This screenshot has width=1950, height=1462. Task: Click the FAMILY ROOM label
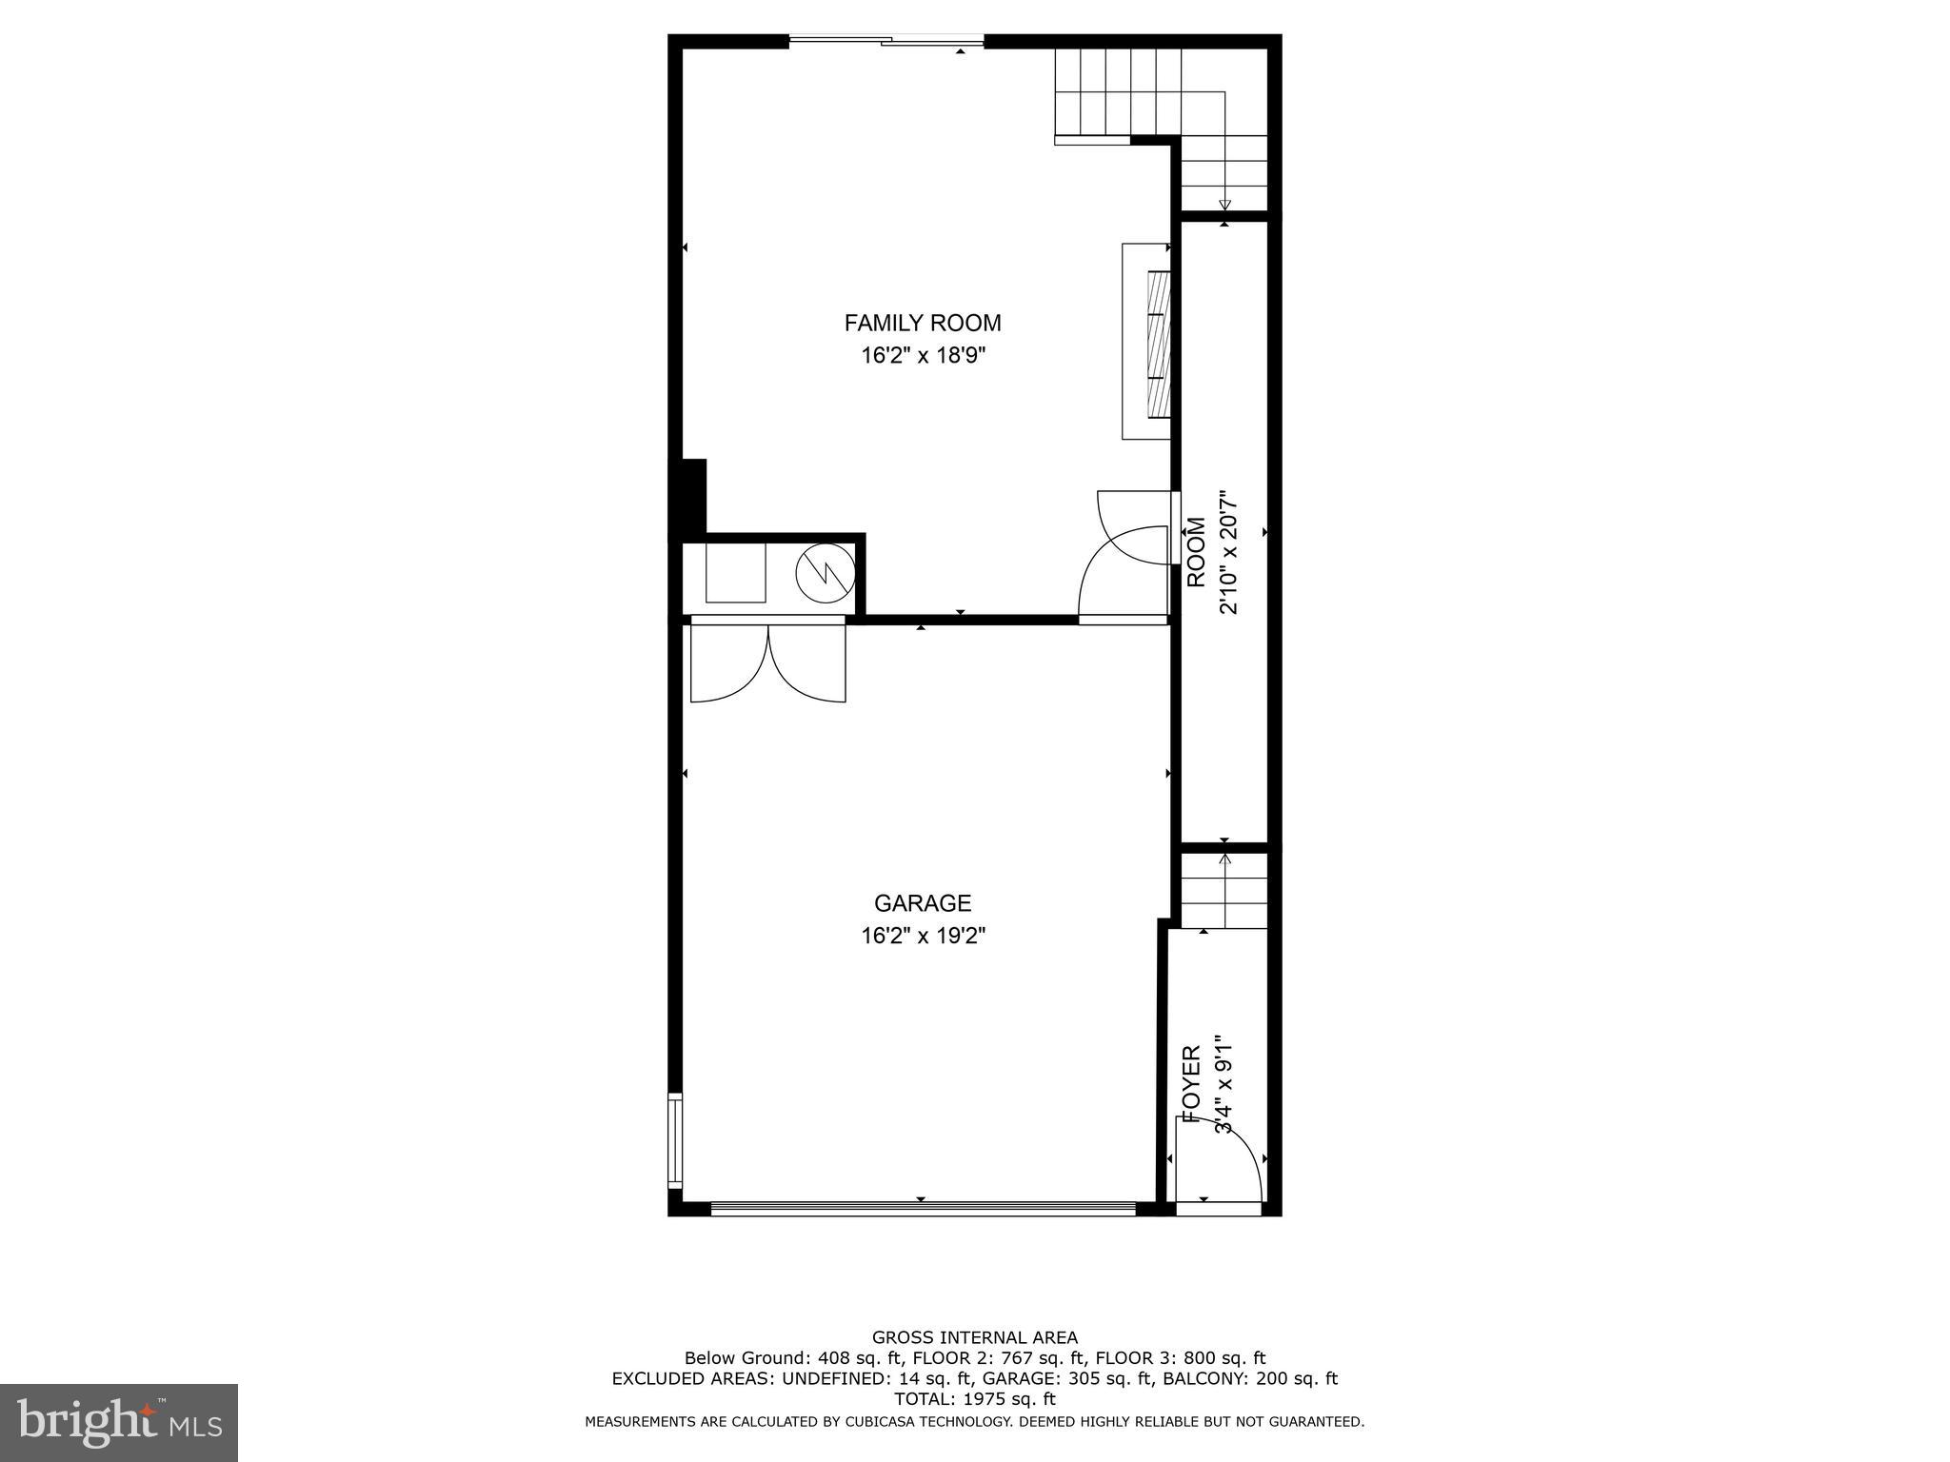(x=922, y=323)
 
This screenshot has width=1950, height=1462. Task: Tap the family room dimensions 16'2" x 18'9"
(x=922, y=356)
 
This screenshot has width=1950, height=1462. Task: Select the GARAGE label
(x=922, y=902)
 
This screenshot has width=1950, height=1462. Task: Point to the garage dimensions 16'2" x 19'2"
(x=922, y=936)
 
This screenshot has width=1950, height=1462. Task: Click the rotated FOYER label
(x=1191, y=1083)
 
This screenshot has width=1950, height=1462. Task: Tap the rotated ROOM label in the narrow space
(x=1196, y=552)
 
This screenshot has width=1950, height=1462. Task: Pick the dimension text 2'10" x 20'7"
(x=1228, y=552)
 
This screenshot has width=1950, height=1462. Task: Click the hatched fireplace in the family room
(x=1158, y=343)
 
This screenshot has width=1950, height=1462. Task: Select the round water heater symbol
(x=825, y=573)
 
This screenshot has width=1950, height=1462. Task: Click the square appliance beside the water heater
(x=735, y=572)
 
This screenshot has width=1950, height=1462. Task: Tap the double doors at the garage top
(x=767, y=662)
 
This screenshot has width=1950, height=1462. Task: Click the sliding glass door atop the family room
(x=885, y=41)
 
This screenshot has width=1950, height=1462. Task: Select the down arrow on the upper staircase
(x=1224, y=204)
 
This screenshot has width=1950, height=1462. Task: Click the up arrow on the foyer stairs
(x=1224, y=860)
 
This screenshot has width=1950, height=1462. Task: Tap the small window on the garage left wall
(x=675, y=1138)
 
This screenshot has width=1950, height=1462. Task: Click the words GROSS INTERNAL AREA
(x=974, y=1337)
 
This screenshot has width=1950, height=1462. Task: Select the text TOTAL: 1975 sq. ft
(x=974, y=1399)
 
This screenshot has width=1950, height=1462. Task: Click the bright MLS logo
(x=119, y=1423)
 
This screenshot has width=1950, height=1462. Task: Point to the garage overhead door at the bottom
(x=922, y=1209)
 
